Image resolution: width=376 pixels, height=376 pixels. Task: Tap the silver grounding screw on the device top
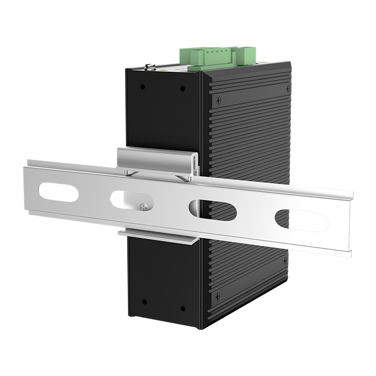tap(150, 67)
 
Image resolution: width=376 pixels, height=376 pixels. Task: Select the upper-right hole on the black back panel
tap(183, 87)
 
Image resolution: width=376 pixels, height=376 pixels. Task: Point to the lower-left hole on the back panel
tap(144, 301)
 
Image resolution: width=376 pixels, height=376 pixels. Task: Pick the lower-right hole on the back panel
tap(183, 308)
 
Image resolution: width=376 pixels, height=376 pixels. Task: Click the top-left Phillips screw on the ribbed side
tap(218, 100)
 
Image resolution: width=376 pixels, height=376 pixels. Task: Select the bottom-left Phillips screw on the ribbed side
tap(217, 296)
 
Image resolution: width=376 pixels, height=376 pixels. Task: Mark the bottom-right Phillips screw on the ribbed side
tap(285, 259)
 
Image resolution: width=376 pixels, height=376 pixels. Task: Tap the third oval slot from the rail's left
tap(212, 210)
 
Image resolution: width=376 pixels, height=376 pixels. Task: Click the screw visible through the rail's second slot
tap(144, 205)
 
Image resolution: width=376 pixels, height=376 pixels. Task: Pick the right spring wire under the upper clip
tap(186, 178)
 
